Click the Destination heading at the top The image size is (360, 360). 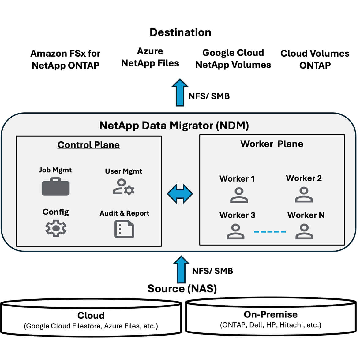(180, 32)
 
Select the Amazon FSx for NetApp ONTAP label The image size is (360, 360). (65, 59)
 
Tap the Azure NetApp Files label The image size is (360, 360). (150, 57)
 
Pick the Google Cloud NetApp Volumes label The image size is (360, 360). (233, 59)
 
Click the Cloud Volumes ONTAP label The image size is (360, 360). (315, 59)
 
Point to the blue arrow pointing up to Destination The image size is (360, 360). (180, 92)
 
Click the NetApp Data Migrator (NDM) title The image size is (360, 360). (174, 126)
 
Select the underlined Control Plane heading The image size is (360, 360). (88, 145)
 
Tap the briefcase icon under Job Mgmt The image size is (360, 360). (55, 187)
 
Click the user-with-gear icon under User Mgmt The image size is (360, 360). (123, 187)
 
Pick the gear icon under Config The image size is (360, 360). (56, 228)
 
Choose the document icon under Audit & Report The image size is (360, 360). (124, 229)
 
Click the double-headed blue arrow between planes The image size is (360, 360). (180, 194)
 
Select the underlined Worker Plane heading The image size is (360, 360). (272, 144)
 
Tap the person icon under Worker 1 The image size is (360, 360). (239, 196)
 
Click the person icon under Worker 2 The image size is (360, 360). (304, 195)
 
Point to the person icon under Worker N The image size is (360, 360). (304, 231)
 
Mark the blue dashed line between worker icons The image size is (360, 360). (270, 232)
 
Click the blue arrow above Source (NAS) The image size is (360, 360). (181, 270)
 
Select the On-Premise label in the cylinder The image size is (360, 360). (271, 314)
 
